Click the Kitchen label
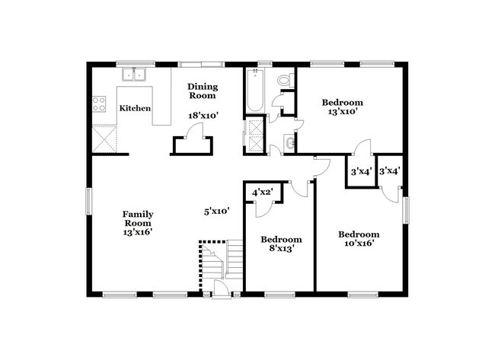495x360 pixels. [x=135, y=109]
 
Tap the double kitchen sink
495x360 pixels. [x=136, y=75]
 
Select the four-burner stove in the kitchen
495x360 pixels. [x=99, y=104]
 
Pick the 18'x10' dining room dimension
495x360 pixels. [x=204, y=116]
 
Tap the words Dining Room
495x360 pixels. [x=203, y=91]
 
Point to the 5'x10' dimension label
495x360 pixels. [x=217, y=210]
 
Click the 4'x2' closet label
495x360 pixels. [x=263, y=191]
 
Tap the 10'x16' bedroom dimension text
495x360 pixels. [x=359, y=244]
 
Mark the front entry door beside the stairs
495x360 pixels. [x=221, y=288]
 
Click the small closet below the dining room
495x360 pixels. [x=190, y=146]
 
